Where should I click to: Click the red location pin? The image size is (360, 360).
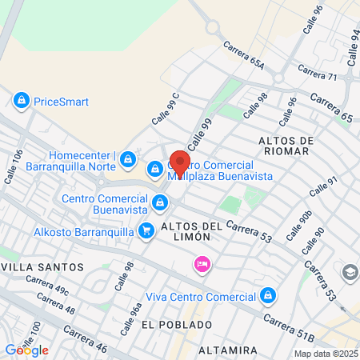[x=180, y=163]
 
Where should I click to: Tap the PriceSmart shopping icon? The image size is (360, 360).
[x=21, y=102]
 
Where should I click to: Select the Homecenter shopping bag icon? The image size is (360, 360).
[x=127, y=161]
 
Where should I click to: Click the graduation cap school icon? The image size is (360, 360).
[x=350, y=273]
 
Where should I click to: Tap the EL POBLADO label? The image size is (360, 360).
[x=177, y=325]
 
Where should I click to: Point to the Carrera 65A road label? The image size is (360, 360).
[x=244, y=54]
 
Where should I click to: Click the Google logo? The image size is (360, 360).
[x=26, y=350]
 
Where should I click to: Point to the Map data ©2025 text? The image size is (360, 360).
[x=326, y=354]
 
